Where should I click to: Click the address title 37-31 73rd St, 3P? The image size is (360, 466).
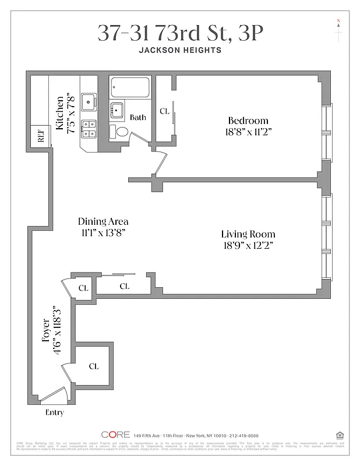pos(180,33)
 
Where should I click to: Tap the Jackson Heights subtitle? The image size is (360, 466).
pos(180,50)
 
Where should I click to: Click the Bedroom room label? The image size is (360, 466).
pos(248,121)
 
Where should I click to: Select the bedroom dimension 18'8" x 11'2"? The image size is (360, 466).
pos(248,132)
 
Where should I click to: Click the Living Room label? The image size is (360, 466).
pos(248,234)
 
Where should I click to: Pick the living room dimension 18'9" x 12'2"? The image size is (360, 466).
pos(248,245)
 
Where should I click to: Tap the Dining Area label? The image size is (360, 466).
pos(104,221)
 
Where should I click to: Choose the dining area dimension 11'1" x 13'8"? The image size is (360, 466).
pos(104,232)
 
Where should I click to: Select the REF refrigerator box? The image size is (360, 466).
pos(41,137)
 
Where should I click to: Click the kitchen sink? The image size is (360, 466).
pos(89,101)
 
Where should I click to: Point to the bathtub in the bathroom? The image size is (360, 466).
pos(131,88)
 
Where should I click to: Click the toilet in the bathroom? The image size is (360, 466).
pos(122,132)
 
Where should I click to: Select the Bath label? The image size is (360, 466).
pos(138,117)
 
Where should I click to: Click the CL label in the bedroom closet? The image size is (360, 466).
pos(164,111)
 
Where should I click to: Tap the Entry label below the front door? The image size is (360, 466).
pos(54,412)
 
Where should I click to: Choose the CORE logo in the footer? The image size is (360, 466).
pos(115,435)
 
